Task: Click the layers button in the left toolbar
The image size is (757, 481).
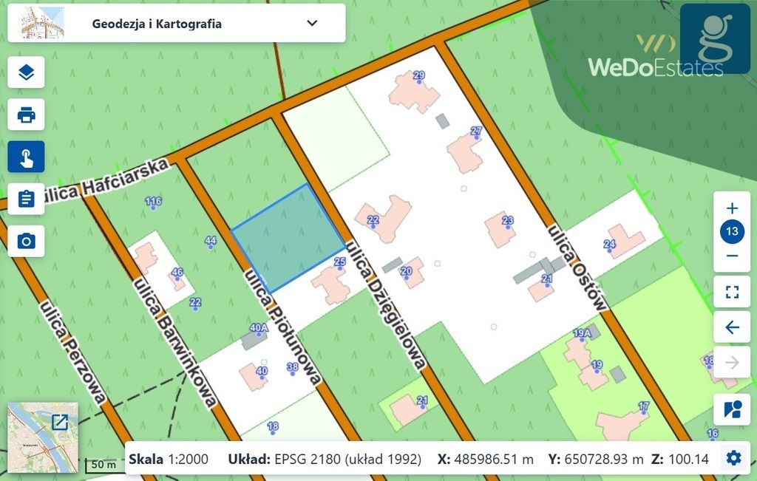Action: tap(26, 72)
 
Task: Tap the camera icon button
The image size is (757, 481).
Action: tap(26, 242)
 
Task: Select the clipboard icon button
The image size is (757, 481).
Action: tap(26, 199)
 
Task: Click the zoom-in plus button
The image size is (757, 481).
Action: tap(732, 208)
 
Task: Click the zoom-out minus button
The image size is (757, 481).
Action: tap(732, 256)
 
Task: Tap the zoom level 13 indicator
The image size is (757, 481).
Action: tap(732, 232)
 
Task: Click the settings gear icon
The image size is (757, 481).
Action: tap(733, 458)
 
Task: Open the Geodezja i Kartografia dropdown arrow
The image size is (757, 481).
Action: tap(312, 23)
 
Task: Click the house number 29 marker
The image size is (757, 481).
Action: tap(418, 77)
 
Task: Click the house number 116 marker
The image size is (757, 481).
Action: tap(153, 202)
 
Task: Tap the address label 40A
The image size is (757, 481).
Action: tap(258, 328)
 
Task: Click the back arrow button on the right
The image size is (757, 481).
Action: tap(732, 327)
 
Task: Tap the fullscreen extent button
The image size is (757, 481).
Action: tap(732, 290)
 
